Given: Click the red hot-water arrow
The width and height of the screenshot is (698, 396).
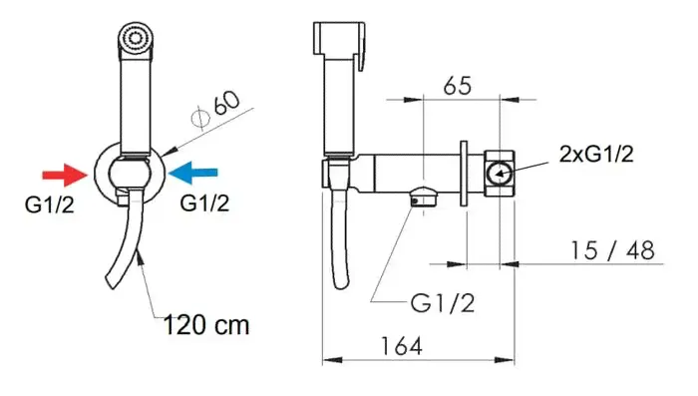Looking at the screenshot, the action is pyautogui.click(x=65, y=175).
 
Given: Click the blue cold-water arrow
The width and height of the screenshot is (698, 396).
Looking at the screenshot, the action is pyautogui.click(x=193, y=173).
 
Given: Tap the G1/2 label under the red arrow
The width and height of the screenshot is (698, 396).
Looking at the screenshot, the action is pyautogui.click(x=50, y=204).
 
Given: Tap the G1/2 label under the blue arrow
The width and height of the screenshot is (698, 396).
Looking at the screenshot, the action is pyautogui.click(x=204, y=203).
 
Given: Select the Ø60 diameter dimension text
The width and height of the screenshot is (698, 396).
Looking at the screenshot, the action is pyautogui.click(x=215, y=111).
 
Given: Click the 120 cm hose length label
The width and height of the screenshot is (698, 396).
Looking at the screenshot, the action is pyautogui.click(x=206, y=325).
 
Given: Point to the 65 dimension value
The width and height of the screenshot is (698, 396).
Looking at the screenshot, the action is pyautogui.click(x=457, y=85).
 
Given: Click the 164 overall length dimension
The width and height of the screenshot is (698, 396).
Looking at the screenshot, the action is pyautogui.click(x=401, y=346).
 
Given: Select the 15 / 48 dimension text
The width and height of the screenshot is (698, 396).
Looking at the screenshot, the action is pyautogui.click(x=613, y=250).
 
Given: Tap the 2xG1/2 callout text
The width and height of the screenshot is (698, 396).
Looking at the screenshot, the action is pyautogui.click(x=596, y=155).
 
